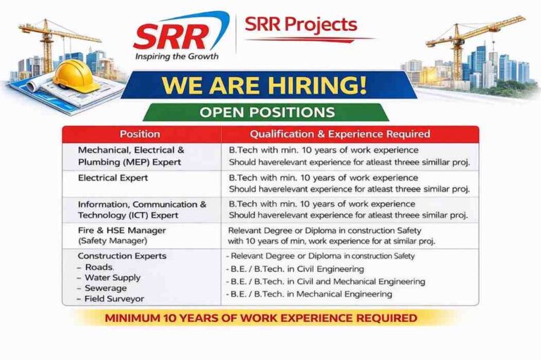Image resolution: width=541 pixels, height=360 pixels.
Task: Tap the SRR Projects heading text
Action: (301, 25)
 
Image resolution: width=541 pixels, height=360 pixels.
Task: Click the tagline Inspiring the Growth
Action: (177, 56)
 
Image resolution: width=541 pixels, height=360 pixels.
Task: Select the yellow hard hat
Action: (75, 75)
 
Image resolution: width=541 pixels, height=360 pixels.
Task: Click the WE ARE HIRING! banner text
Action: (264, 85)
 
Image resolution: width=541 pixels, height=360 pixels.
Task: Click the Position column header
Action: (139, 134)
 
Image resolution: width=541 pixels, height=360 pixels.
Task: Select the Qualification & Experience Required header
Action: (350, 134)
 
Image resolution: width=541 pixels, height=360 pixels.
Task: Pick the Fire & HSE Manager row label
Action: (122, 230)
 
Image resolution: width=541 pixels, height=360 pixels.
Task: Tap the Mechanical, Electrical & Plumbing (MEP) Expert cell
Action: (131, 156)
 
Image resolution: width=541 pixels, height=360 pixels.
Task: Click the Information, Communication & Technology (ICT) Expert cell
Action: (142, 209)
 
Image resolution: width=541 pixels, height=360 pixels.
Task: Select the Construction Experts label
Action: (122, 256)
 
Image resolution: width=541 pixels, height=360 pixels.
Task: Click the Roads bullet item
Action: (99, 267)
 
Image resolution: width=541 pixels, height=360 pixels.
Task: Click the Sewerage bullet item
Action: (106, 288)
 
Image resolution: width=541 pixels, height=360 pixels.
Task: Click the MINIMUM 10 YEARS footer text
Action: (261, 318)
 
